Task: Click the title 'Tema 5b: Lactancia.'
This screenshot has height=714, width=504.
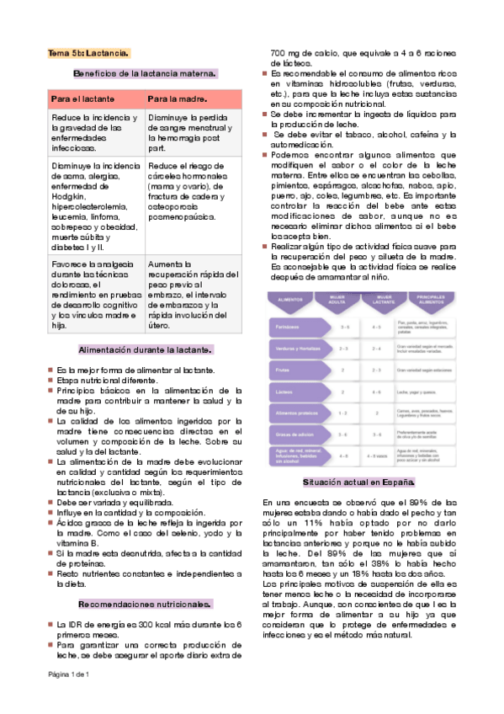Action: pos(88,53)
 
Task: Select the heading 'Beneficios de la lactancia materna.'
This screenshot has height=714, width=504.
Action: pos(146,74)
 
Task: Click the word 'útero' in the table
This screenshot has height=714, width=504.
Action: pos(158,326)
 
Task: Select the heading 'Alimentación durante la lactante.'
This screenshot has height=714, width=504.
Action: pos(145,349)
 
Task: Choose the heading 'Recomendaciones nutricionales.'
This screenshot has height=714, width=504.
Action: pos(144,604)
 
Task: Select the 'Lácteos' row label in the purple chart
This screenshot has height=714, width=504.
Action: pos(283,392)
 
